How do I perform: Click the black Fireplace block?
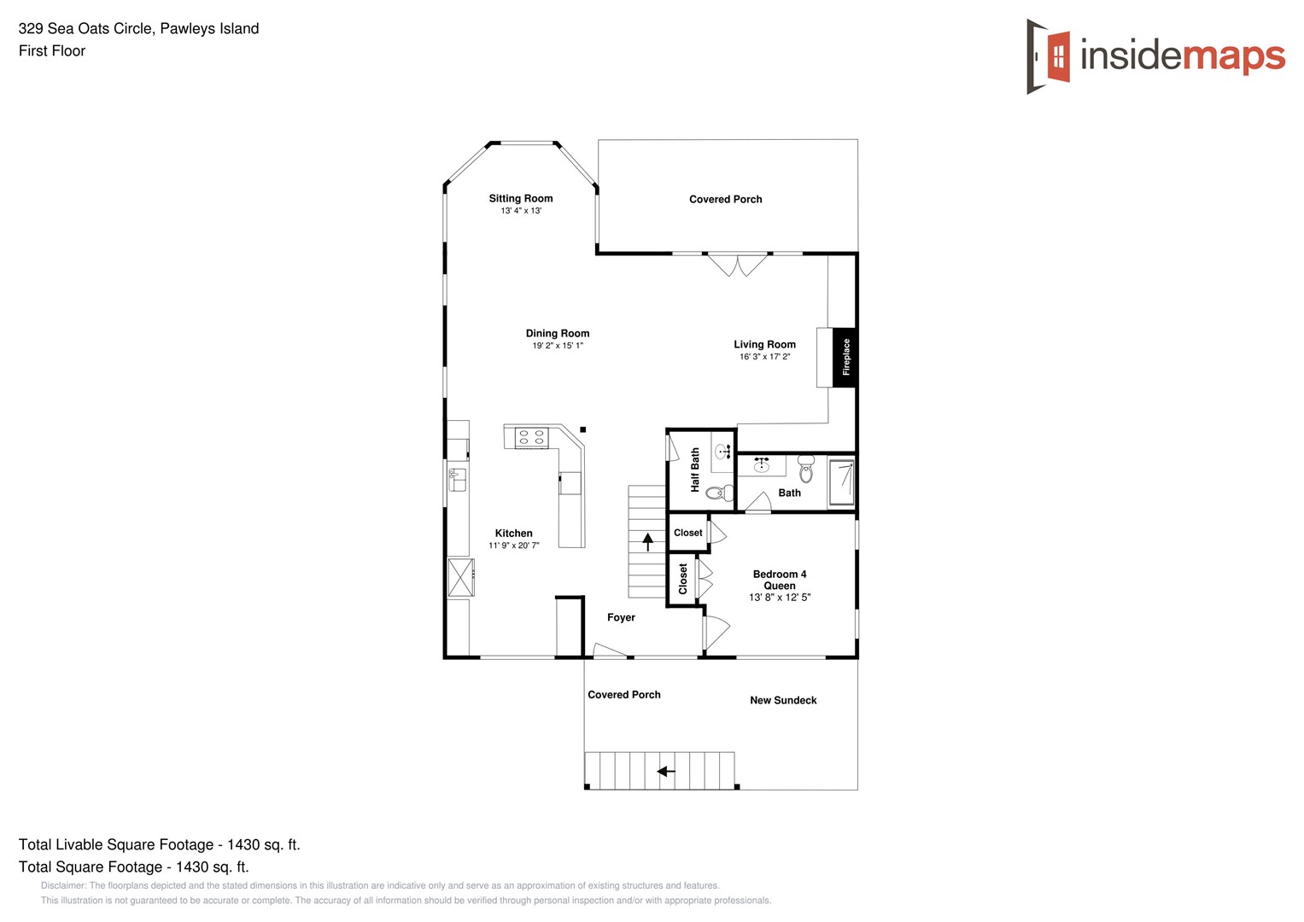point(844,357)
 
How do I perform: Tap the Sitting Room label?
point(521,198)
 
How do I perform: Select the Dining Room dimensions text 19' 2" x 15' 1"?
point(558,346)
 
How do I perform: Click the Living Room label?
point(764,344)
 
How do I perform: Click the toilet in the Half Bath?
point(721,493)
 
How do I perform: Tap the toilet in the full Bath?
point(806,469)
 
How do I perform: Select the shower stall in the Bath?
point(841,482)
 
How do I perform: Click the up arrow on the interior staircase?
point(647,540)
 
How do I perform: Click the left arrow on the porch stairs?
point(665,771)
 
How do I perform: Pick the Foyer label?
point(621,617)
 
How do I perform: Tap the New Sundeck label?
point(783,700)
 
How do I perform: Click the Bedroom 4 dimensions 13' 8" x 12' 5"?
point(780,598)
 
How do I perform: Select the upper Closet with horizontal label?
point(687,533)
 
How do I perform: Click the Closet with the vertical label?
point(682,579)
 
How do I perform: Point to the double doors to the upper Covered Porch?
point(738,265)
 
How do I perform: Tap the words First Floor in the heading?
point(52,51)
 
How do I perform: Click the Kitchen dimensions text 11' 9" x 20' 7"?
point(514,546)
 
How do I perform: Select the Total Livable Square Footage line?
point(160,844)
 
